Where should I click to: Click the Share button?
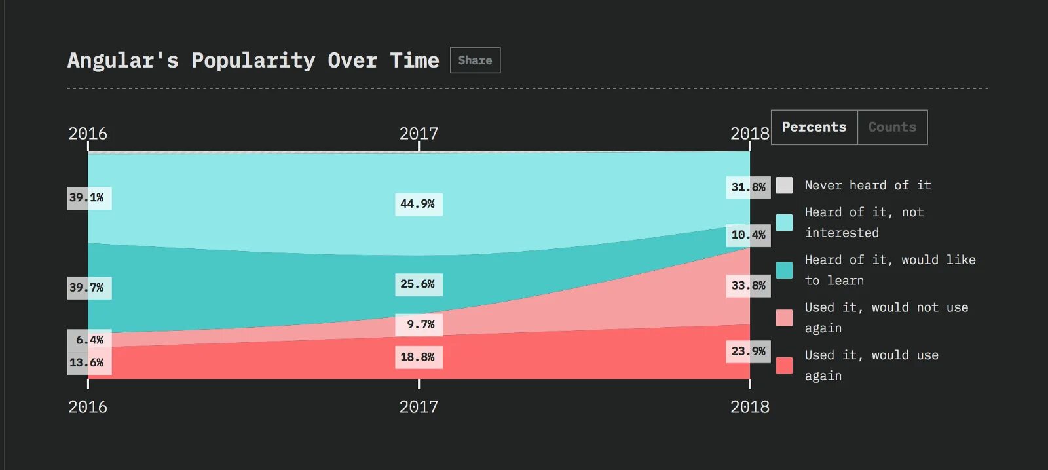click(x=475, y=60)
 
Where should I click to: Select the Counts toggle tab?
click(x=892, y=127)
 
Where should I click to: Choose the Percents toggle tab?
click(x=814, y=127)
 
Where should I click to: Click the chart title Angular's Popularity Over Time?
click(x=253, y=60)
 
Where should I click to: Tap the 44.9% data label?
click(x=418, y=204)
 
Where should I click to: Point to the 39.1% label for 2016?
click(x=88, y=198)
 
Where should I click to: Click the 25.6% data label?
click(x=418, y=284)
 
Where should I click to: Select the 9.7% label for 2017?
click(x=419, y=324)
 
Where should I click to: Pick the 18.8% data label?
click(x=418, y=357)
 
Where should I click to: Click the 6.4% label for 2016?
click(x=90, y=340)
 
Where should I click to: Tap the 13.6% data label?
click(x=88, y=362)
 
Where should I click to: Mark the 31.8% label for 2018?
click(x=748, y=187)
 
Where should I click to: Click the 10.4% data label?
click(x=748, y=235)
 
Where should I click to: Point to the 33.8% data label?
click(x=748, y=286)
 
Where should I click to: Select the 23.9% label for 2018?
click(x=748, y=351)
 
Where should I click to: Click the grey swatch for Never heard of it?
click(x=784, y=186)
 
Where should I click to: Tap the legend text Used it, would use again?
click(x=871, y=365)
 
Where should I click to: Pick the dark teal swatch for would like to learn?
click(x=784, y=270)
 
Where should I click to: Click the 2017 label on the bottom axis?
click(x=419, y=407)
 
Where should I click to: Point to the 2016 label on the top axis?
click(x=88, y=134)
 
